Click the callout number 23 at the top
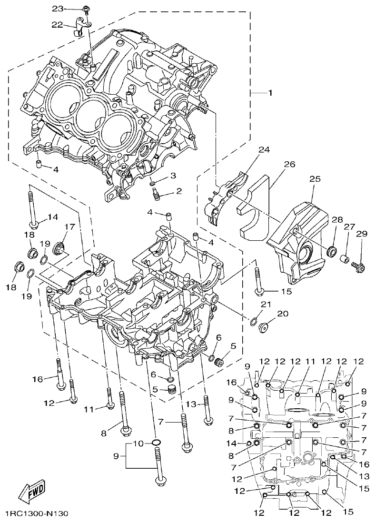click(x=57, y=9)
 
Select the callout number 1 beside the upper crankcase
click(x=270, y=93)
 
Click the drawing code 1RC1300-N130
click(x=37, y=514)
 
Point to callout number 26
click(x=289, y=165)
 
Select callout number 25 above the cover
click(x=315, y=179)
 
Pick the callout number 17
click(x=67, y=227)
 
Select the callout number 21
click(x=266, y=304)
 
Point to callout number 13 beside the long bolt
click(x=190, y=404)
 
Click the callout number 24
click(x=264, y=149)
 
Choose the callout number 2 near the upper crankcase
click(x=178, y=191)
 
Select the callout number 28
click(x=337, y=219)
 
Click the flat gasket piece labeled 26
click(x=255, y=209)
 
